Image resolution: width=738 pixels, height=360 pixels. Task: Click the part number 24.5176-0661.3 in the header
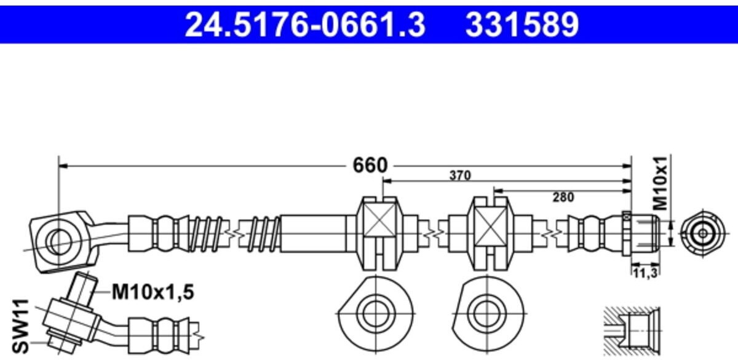click(x=305, y=25)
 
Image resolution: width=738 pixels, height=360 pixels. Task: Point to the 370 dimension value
click(x=459, y=175)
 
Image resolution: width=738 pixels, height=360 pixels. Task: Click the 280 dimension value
click(x=562, y=198)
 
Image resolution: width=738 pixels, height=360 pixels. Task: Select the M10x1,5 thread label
click(x=153, y=293)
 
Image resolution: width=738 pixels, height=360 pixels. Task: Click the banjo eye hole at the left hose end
click(x=59, y=239)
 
